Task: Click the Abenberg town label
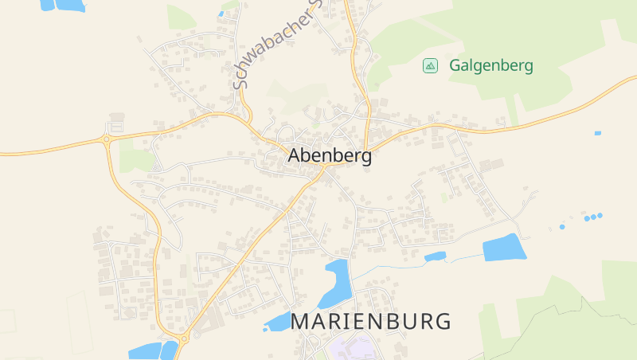330,156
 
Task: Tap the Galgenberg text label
490,66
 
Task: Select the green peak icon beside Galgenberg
430,66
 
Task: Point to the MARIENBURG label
371,322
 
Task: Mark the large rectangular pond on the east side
505,248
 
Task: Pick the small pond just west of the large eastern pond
435,256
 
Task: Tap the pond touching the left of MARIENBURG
279,322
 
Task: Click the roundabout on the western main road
105,140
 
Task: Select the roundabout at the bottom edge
184,340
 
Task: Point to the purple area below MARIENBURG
356,349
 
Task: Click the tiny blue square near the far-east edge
598,133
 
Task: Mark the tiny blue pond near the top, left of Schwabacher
221,14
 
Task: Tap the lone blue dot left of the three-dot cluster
561,227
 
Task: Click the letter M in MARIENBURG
303,322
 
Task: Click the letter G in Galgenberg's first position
455,66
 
